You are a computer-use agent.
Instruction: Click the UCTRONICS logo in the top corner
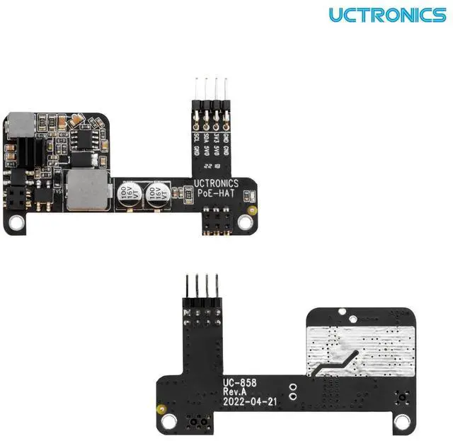tap(386, 14)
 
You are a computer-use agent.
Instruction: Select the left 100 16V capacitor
tap(127, 195)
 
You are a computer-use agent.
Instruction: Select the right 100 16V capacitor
tap(156, 195)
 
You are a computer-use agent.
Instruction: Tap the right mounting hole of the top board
tap(245, 222)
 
